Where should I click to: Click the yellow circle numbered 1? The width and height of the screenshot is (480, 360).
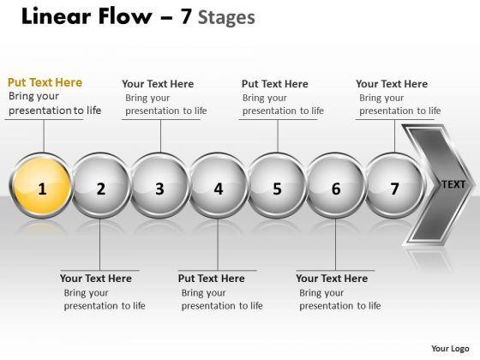click(x=41, y=186)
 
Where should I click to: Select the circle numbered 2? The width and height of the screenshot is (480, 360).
click(x=100, y=186)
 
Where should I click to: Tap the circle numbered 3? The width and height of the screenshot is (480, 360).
click(x=159, y=186)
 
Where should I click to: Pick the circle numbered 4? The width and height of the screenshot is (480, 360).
click(x=218, y=186)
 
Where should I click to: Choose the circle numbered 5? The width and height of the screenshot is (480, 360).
click(x=277, y=186)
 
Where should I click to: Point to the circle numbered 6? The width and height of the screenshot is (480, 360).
click(x=336, y=186)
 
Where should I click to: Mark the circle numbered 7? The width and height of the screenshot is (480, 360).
click(x=394, y=186)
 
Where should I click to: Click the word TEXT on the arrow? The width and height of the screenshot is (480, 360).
click(x=453, y=184)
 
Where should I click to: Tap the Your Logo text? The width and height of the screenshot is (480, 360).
click(x=450, y=349)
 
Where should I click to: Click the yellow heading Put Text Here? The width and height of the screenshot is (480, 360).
click(x=45, y=82)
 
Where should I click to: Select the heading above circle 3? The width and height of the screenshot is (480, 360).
click(x=158, y=84)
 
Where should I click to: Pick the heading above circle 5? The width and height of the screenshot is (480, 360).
click(x=274, y=84)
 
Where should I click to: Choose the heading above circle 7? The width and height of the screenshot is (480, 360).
click(x=392, y=84)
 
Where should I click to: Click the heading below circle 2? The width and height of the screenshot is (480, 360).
click(x=96, y=279)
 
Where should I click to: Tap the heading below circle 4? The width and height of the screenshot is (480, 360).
click(x=211, y=279)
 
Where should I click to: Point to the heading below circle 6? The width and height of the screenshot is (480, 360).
click(x=332, y=279)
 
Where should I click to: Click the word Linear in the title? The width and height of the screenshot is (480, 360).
click(x=56, y=16)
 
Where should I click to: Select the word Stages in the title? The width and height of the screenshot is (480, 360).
click(x=226, y=18)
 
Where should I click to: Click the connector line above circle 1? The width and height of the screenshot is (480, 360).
click(x=44, y=136)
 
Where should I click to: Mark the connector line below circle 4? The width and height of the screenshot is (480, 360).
click(x=218, y=244)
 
